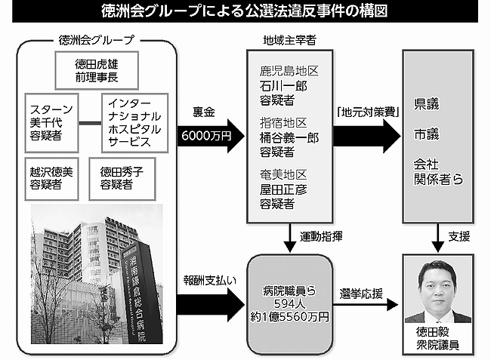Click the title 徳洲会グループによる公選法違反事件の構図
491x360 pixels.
[x=246, y=12]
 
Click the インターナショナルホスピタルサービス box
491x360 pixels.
[x=134, y=120]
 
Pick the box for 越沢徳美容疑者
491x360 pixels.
[x=51, y=177]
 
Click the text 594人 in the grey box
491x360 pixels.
[x=289, y=303]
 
